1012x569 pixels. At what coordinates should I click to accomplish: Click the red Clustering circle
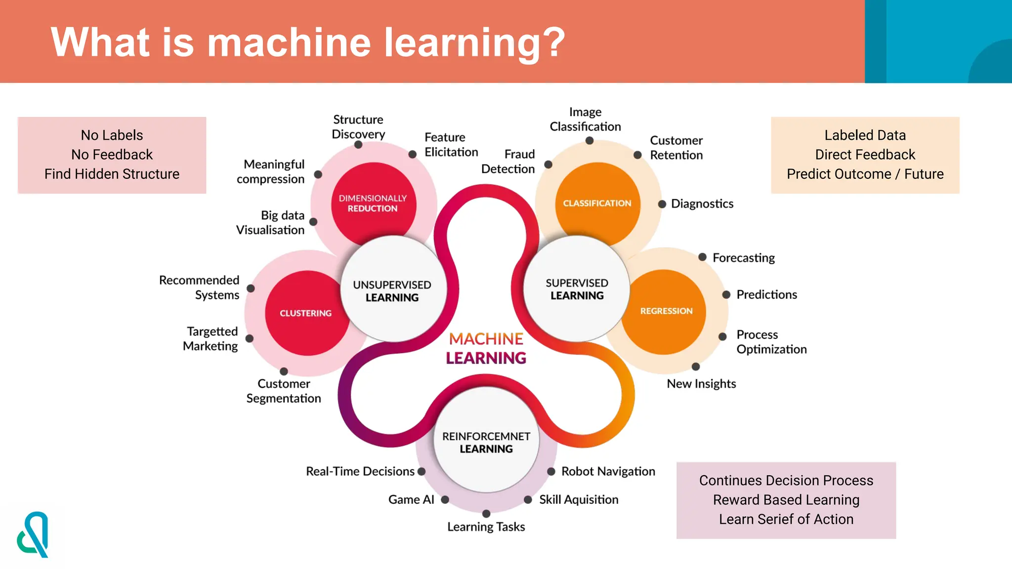click(x=306, y=313)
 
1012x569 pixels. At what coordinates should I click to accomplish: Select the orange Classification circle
click(x=597, y=203)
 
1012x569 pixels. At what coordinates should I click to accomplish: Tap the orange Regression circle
click(x=666, y=311)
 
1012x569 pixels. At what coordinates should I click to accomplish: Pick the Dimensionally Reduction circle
click(x=373, y=203)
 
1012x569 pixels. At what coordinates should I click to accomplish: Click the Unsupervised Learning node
click(x=392, y=291)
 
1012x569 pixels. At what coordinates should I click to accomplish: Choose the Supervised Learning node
click(x=577, y=289)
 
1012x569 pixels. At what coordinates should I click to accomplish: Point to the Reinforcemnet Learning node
click(x=486, y=442)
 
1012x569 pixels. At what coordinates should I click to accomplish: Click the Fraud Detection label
click(x=508, y=162)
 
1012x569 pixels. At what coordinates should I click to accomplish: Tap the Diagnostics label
click(x=702, y=203)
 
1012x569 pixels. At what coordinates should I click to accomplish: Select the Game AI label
click(x=411, y=499)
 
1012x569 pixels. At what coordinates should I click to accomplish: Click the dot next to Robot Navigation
click(x=551, y=471)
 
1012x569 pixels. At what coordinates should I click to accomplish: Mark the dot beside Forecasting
click(x=702, y=257)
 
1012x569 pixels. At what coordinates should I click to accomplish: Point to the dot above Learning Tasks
click(x=486, y=514)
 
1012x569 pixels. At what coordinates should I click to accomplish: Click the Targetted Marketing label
click(x=211, y=338)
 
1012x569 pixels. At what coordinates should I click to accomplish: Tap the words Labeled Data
click(x=865, y=135)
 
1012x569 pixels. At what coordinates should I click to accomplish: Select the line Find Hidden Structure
click(x=112, y=174)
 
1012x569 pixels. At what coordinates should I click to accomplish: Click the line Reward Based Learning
click(x=786, y=500)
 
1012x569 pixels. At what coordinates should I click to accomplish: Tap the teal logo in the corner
click(x=33, y=534)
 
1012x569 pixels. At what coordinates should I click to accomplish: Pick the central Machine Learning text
click(x=486, y=348)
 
